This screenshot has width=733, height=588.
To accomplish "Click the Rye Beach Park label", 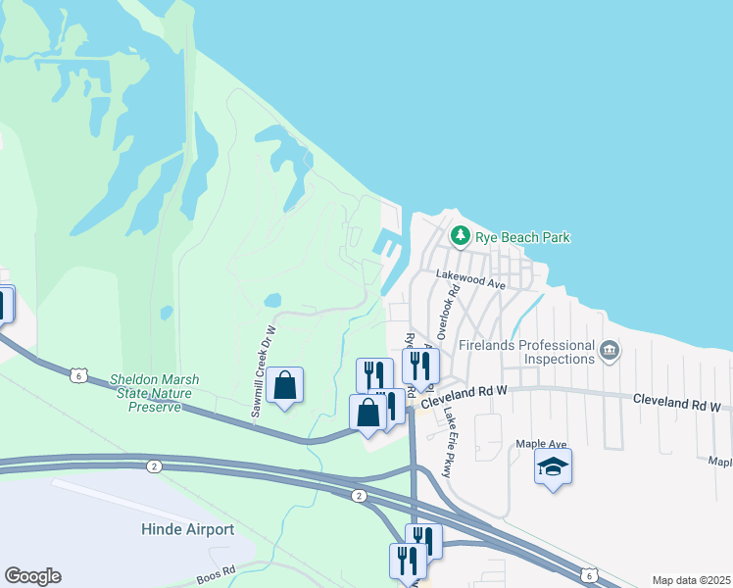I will pos(522,237).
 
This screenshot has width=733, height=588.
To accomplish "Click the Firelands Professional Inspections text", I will pos(530,353).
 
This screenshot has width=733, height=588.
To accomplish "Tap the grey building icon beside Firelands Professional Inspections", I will pos(610,350).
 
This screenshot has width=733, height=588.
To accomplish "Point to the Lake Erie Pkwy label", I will pos(449,429).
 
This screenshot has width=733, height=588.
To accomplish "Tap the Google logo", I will pos(32,576).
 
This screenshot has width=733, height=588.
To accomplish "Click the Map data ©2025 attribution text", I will pos(690,580).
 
